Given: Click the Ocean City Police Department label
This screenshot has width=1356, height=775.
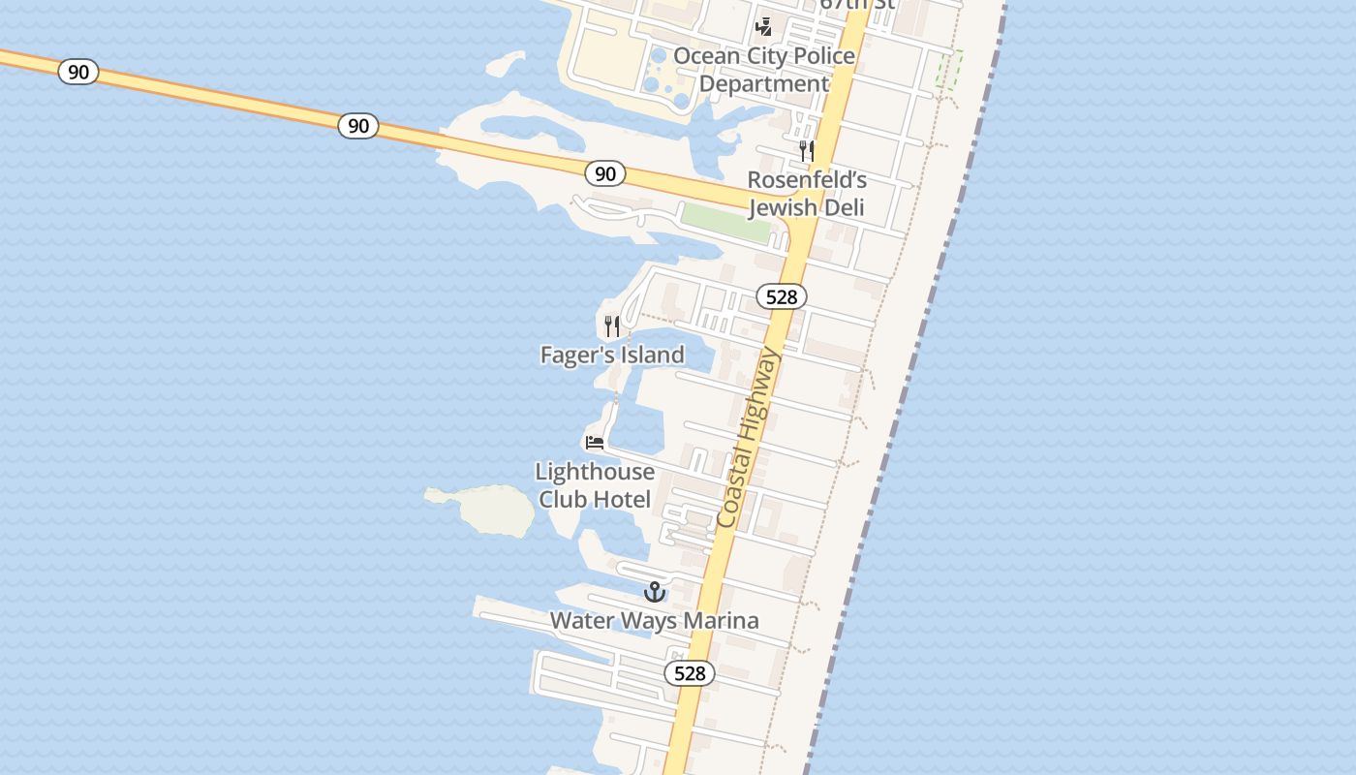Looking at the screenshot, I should coord(764,70).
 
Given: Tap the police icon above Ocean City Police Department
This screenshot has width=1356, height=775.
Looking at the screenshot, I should coord(764,26).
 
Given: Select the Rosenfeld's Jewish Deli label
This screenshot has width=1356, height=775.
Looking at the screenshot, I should coord(806,194).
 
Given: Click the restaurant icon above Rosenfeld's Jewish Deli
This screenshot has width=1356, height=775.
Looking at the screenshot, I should coord(806,151).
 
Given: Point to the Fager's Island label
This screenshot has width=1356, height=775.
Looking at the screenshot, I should coord(612,356).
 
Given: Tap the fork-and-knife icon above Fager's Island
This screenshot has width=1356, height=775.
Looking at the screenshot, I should coord(612,325).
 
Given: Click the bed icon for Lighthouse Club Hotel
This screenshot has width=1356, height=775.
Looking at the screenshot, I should coord(595,443).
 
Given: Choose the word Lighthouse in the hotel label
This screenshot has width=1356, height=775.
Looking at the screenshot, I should coord(595,472).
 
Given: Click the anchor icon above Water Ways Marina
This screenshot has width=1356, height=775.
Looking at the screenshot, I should coord(656,591).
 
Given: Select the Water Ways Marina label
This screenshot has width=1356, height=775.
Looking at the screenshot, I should coord(655,621).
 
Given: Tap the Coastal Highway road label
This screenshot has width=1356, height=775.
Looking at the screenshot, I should coord(749,439).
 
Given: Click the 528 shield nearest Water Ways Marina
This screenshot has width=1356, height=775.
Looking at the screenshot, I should coord(690,673).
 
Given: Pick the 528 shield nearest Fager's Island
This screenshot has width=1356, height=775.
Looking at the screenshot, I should coord(782,296).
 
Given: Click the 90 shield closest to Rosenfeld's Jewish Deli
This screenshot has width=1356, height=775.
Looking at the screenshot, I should coord(605,174).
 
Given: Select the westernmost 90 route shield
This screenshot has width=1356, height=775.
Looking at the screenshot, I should coord(78,72).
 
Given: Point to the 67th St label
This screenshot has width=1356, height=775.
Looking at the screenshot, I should coord(856,5).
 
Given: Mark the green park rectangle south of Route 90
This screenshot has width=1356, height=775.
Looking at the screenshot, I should coord(726,222).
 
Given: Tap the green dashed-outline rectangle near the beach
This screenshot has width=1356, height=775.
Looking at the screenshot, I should coord(949,70).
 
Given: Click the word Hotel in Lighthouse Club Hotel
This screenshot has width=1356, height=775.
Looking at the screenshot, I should coord(622,500).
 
